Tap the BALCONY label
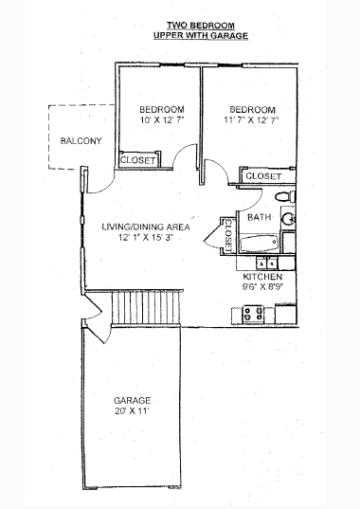tap(81, 141)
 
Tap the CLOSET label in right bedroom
tap(263, 177)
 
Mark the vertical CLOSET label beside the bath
tap(228, 235)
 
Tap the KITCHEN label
tap(262, 276)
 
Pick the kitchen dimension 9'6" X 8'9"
tap(262, 286)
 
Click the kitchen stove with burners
tap(253, 313)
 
